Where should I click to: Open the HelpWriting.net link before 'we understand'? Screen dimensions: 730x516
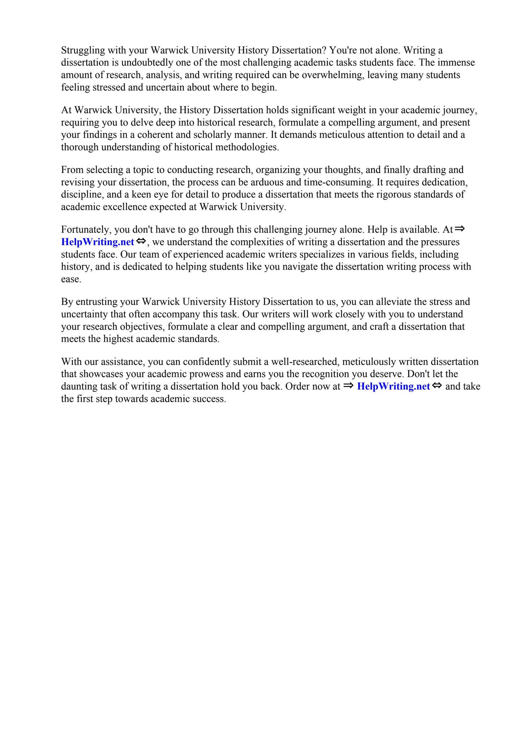click(x=98, y=242)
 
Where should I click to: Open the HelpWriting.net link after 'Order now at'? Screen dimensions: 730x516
click(x=393, y=386)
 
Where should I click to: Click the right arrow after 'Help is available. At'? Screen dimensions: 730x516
click(x=460, y=229)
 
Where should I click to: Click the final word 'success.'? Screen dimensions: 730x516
click(x=209, y=399)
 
